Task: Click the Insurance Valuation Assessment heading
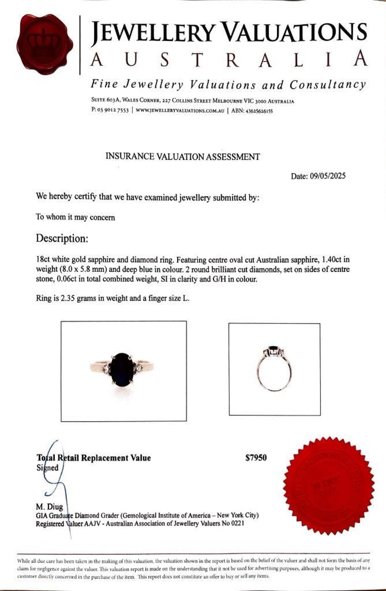coord(182,156)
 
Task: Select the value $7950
coord(256,458)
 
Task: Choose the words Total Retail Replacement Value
coord(94,458)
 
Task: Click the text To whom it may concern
coord(75,217)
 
